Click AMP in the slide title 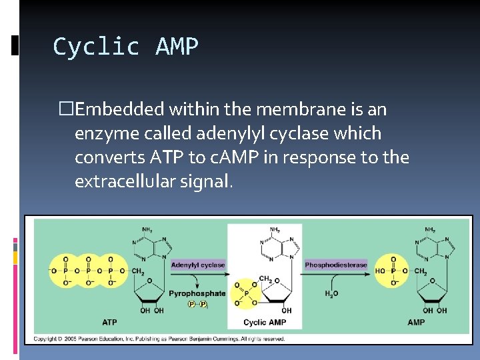pos(177,47)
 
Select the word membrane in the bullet pos(297,109)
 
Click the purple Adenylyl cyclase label pos(198,265)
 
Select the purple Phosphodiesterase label pos(336,265)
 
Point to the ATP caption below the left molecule pos(109,322)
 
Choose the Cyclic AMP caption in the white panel pos(264,322)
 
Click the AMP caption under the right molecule pos(415,322)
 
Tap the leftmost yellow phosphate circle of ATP pos(65,271)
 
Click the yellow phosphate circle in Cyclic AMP pos(244,292)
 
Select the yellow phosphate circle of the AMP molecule pos(393,271)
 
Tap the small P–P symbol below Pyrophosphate pos(199,305)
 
